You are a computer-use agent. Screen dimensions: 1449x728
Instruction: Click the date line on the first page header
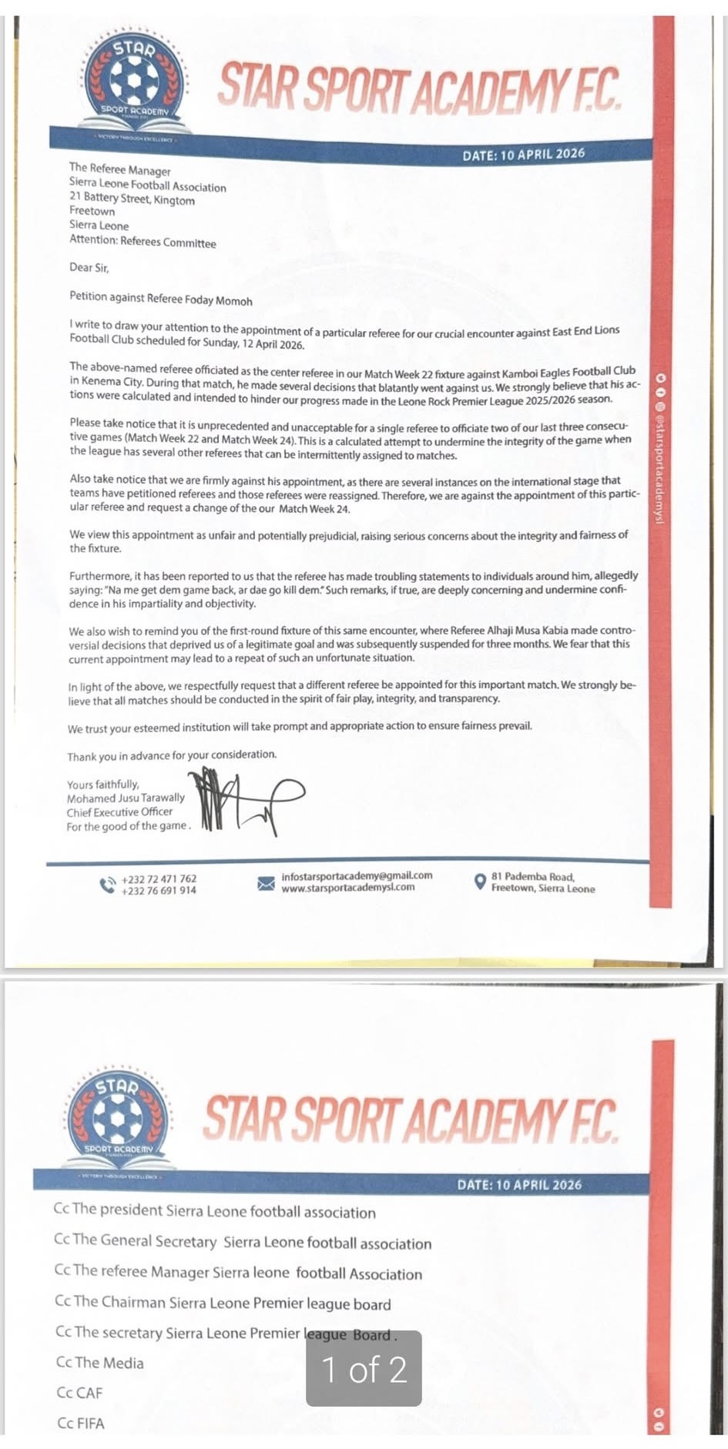(x=523, y=154)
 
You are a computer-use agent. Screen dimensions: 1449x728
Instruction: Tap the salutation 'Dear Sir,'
(x=89, y=268)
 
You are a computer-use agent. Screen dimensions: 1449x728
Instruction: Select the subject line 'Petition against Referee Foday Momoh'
(x=160, y=299)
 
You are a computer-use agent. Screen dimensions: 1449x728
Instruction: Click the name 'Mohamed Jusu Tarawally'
(x=126, y=798)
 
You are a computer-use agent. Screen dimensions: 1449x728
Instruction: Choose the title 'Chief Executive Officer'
(x=119, y=812)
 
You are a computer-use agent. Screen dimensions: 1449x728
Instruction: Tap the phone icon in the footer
(x=107, y=885)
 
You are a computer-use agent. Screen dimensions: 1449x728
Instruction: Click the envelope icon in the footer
(x=266, y=882)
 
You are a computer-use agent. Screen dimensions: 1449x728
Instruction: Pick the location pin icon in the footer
(x=479, y=882)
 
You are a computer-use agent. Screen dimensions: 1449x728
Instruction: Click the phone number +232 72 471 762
(x=159, y=878)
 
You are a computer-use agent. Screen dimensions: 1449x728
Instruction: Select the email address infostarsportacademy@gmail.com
(x=357, y=875)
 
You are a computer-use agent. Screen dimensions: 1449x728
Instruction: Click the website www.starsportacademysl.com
(x=348, y=887)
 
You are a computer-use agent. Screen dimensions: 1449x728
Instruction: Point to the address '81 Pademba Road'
(x=532, y=876)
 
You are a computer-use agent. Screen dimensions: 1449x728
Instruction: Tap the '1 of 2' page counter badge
(x=364, y=1368)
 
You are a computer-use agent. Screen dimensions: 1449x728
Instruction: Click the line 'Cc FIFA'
(x=81, y=1423)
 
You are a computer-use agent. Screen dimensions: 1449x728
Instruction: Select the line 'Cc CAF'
(x=79, y=1392)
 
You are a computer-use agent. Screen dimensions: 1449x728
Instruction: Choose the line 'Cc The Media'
(x=100, y=1362)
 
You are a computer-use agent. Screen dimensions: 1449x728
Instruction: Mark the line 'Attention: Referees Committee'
(x=143, y=241)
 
